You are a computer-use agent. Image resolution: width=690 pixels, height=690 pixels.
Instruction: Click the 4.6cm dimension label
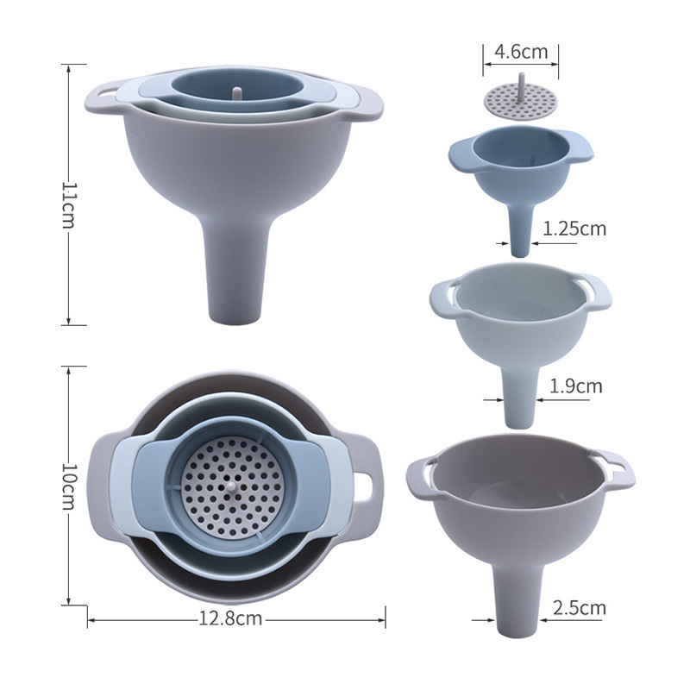pyautogui.click(x=521, y=52)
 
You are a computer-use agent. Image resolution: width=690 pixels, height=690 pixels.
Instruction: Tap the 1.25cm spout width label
pyautogui.click(x=574, y=229)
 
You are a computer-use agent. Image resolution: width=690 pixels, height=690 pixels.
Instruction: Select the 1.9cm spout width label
pyautogui.click(x=575, y=386)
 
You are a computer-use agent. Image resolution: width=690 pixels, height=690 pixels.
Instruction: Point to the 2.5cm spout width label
pyautogui.click(x=579, y=608)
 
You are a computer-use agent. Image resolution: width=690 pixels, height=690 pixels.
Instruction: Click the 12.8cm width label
pyautogui.click(x=230, y=618)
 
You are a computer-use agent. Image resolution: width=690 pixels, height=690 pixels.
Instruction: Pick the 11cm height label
pyautogui.click(x=68, y=204)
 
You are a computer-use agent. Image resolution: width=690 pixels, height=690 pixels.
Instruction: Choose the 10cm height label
pyautogui.click(x=68, y=486)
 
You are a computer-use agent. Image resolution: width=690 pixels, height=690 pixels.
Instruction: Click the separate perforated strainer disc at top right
pyautogui.click(x=521, y=99)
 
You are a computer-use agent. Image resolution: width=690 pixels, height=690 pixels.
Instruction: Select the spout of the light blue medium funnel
pyautogui.click(x=520, y=398)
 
